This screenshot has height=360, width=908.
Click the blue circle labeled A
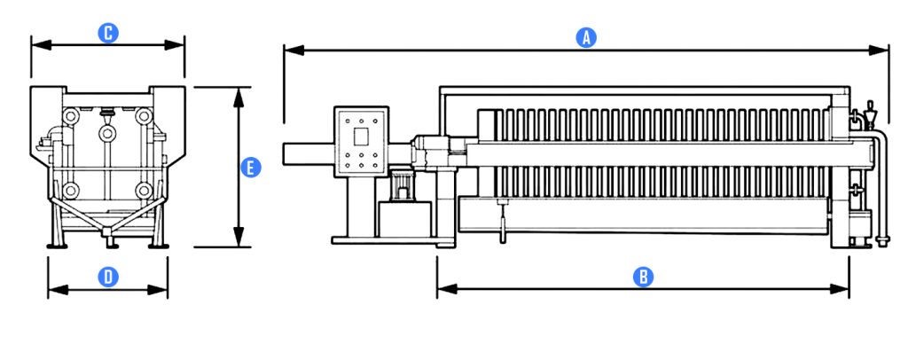click(586, 37)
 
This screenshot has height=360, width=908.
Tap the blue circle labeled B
click(643, 277)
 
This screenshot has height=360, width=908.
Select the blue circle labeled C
click(107, 33)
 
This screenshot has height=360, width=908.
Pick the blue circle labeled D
click(107, 278)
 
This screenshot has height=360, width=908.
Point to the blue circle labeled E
click(251, 168)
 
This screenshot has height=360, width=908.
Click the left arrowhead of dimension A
click(294, 51)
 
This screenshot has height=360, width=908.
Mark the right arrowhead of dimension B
click(840, 289)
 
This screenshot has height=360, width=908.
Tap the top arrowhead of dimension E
click(238, 98)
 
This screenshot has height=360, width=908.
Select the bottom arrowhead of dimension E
click(238, 236)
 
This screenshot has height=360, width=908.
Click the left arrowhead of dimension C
click(41, 45)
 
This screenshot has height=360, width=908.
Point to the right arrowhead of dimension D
click(158, 289)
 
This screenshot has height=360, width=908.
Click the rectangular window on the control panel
click(361, 137)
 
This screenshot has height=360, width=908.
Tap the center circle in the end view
click(107, 134)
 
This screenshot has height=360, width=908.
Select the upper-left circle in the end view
click(71, 116)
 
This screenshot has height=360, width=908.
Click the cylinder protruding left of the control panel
click(309, 154)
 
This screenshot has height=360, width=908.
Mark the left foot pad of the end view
click(57, 246)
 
